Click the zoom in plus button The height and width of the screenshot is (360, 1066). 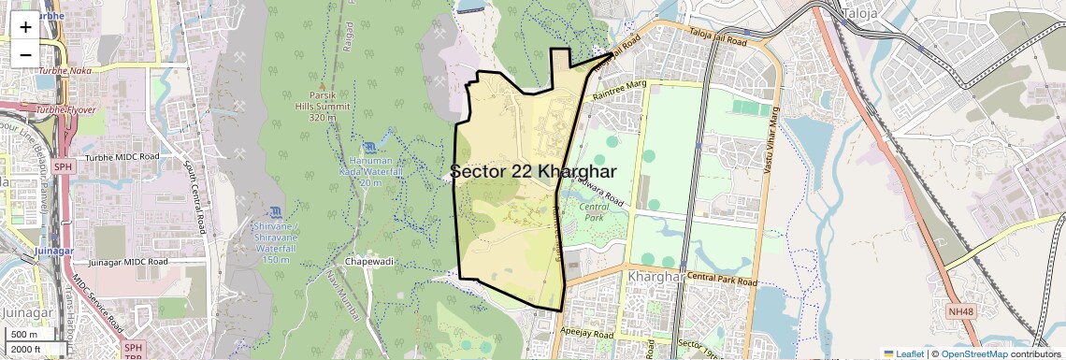[x=25, y=26]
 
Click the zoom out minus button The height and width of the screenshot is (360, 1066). [x=25, y=54]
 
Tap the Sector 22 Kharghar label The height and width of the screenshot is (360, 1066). [x=533, y=172]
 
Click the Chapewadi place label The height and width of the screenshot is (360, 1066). [x=369, y=261]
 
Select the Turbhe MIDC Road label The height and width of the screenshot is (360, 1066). [x=121, y=155]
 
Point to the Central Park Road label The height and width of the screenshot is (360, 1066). [x=721, y=279]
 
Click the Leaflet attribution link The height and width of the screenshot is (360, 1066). [x=903, y=353]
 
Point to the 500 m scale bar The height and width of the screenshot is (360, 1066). [x=24, y=334]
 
